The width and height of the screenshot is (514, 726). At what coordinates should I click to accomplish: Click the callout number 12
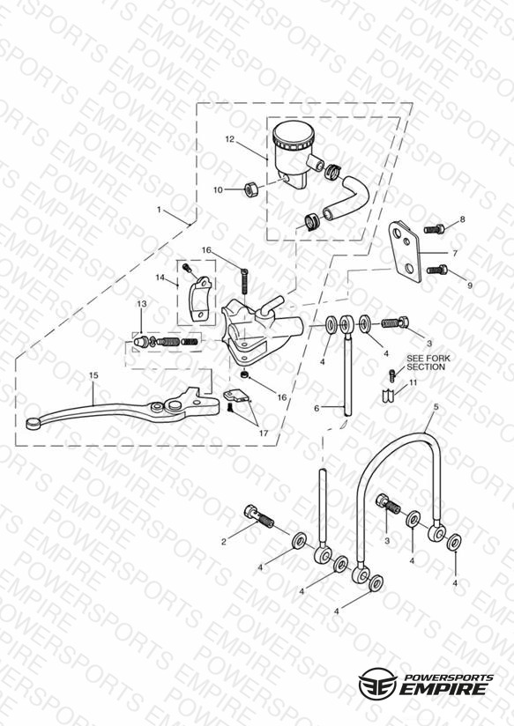(230, 139)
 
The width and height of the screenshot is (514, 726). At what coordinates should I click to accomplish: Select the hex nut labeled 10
(250, 189)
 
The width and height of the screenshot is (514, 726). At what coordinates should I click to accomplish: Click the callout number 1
(159, 210)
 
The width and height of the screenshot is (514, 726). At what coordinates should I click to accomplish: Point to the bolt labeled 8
(435, 228)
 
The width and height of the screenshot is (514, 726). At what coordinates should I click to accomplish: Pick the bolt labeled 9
(437, 269)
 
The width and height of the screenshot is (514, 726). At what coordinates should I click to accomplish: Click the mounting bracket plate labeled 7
(405, 252)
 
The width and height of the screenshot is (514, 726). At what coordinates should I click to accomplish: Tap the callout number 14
(160, 278)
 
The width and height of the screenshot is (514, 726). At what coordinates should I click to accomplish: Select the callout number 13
(142, 304)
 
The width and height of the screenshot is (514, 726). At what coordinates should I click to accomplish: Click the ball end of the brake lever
(33, 422)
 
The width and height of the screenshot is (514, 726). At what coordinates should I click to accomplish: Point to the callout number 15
(93, 375)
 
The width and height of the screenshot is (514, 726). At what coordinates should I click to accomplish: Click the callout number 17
(264, 433)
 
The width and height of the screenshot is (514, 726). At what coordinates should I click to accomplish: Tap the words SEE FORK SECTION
(428, 362)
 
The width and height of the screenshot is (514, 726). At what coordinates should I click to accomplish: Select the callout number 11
(413, 382)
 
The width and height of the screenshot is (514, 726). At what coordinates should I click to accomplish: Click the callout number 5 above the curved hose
(436, 406)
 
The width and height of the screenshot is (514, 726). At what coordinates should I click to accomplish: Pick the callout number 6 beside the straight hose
(317, 409)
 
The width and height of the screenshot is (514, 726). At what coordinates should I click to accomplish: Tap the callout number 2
(224, 542)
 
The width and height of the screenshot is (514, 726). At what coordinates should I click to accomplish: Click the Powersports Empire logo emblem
(377, 684)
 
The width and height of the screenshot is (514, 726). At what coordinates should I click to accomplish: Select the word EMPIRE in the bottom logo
(444, 689)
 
